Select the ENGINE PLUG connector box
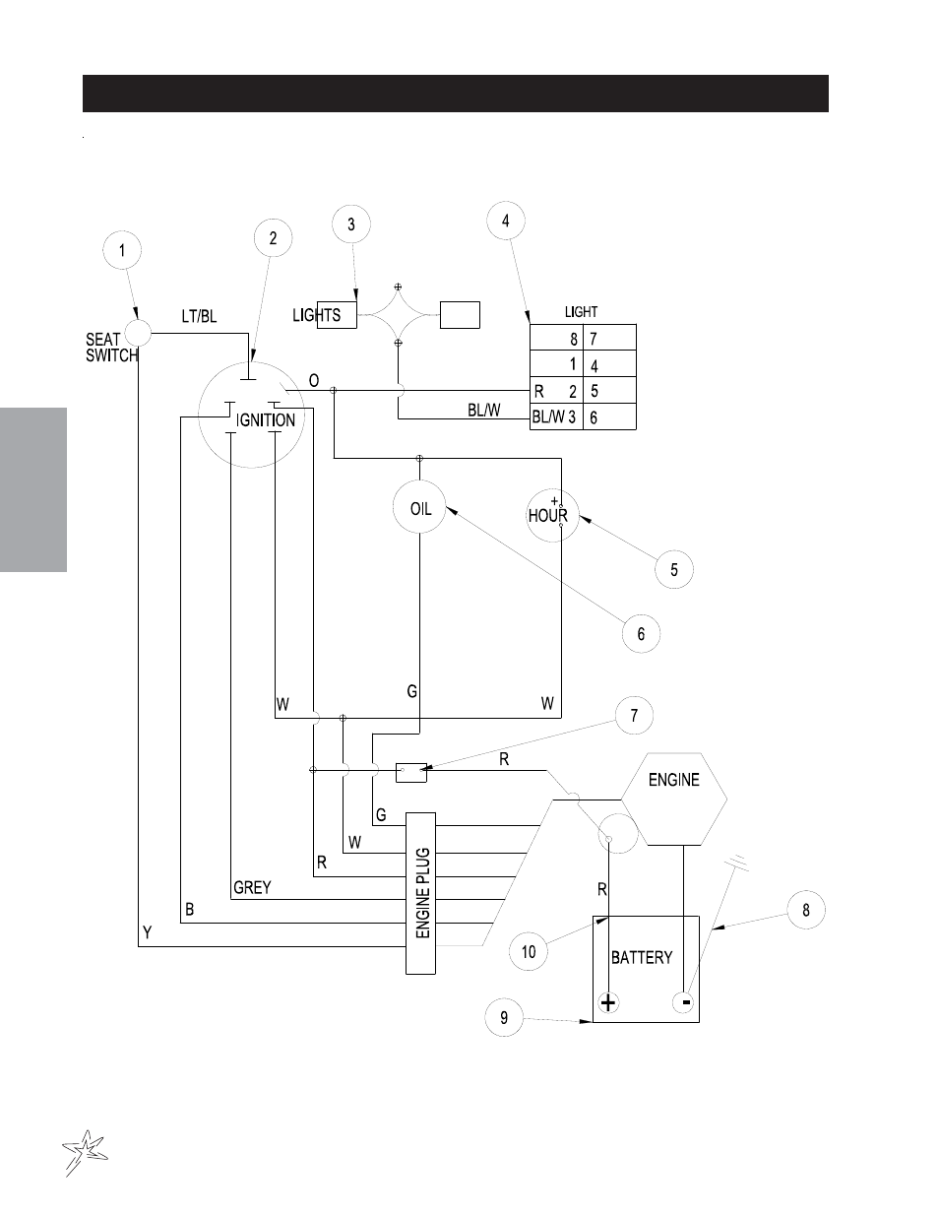pyautogui.click(x=420, y=893)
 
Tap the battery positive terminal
pyautogui.click(x=608, y=1002)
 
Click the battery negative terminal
pyautogui.click(x=684, y=1001)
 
